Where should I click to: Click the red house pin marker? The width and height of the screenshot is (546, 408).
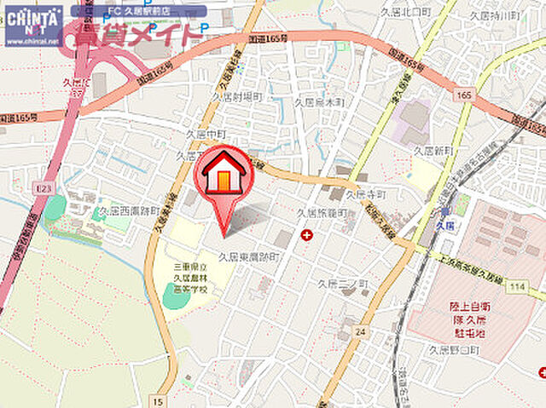click(224, 175)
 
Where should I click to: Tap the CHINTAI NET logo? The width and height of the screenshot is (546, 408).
click(32, 24)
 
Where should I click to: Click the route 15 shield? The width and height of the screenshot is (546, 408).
click(159, 399)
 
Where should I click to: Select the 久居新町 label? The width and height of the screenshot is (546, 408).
click(434, 150)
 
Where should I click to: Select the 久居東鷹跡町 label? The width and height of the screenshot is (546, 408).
click(249, 256)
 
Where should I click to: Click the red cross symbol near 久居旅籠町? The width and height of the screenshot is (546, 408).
click(306, 233)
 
